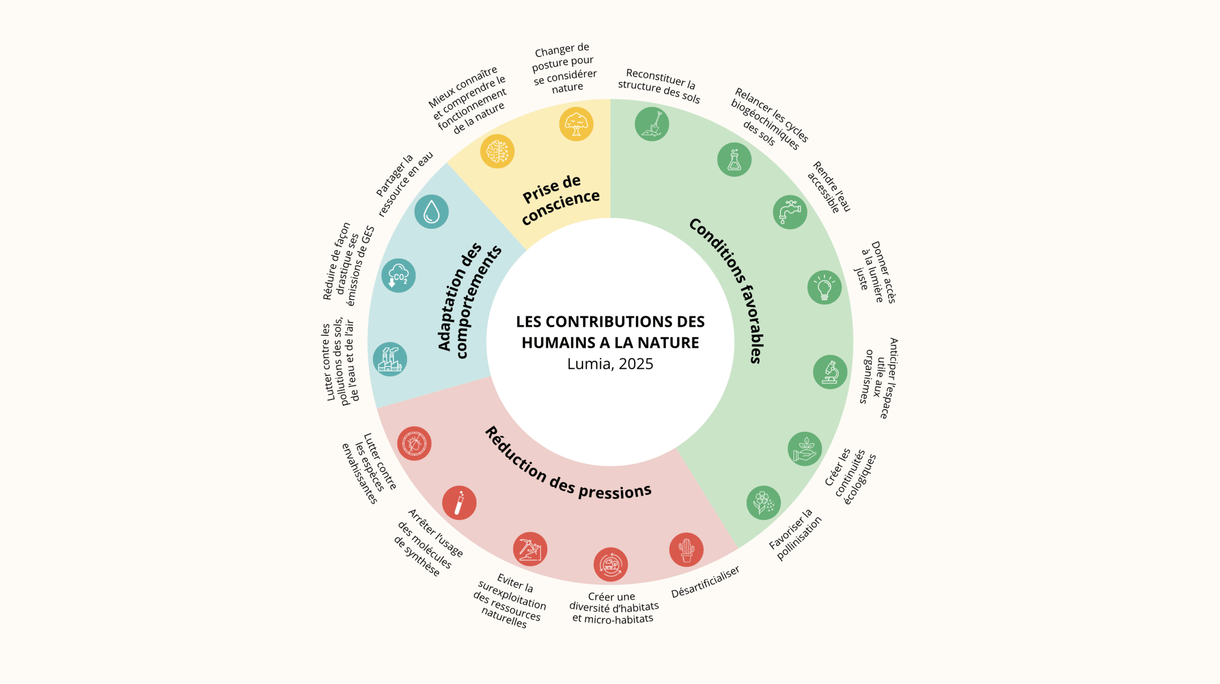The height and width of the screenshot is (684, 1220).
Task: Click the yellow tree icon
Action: (576, 124)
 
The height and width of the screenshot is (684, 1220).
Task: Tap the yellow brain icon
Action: (497, 152)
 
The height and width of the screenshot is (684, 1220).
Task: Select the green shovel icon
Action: (652, 124)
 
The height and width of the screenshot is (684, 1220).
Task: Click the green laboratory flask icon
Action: (734, 160)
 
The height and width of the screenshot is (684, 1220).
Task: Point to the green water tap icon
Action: (790, 212)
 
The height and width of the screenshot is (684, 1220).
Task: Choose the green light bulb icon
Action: (824, 287)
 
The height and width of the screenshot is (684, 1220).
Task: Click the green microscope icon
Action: (830, 372)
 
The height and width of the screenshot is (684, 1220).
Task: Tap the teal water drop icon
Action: (431, 212)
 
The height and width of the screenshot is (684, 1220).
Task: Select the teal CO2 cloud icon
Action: (398, 276)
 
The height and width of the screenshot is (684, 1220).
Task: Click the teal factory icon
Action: (390, 359)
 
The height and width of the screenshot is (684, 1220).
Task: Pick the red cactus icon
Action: (686, 550)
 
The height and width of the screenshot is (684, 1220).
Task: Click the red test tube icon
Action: (459, 503)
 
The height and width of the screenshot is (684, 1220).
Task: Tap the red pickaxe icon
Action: (530, 549)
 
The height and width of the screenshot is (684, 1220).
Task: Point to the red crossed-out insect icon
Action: (414, 444)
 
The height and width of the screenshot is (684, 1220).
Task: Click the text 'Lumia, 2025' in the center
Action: (610, 364)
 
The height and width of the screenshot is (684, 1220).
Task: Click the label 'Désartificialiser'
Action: (705, 582)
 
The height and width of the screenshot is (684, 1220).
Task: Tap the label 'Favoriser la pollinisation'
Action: (795, 535)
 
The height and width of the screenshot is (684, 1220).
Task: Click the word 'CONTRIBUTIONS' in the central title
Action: (610, 322)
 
